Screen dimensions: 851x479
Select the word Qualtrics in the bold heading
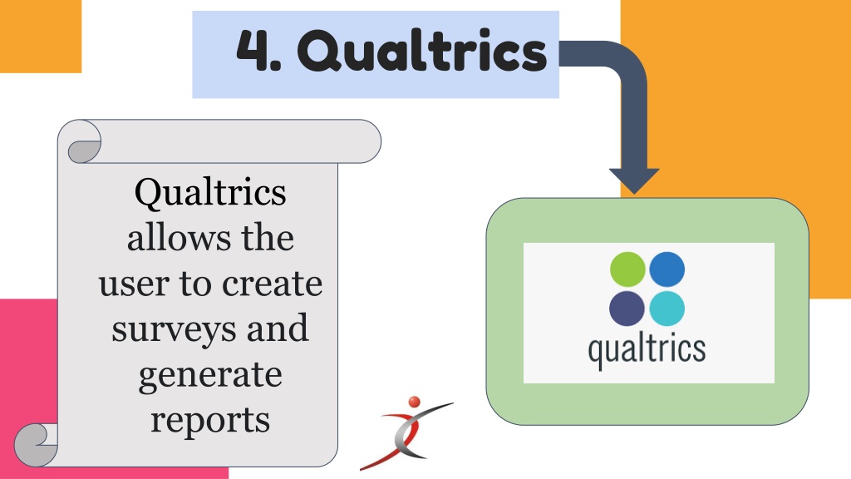click(421, 51)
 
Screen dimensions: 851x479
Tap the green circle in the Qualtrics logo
click(627, 269)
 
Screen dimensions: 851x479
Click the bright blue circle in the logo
click(667, 269)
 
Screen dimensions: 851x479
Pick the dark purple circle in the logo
click(627, 309)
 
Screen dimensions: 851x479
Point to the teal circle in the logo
click(667, 309)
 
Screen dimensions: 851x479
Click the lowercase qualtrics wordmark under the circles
click(647, 351)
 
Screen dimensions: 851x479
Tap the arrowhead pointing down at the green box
click(634, 180)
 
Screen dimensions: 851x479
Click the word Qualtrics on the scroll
click(210, 193)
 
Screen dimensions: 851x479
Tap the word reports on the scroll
click(210, 422)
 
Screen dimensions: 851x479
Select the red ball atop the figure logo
click(414, 402)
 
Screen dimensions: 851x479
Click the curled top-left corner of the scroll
click(83, 141)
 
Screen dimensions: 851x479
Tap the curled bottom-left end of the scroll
click(35, 445)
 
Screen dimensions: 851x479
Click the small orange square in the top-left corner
click(41, 37)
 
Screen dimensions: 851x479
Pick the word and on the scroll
click(278, 329)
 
